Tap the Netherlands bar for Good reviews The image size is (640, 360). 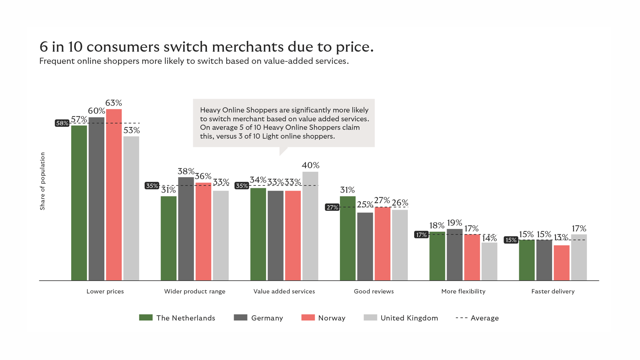(x=348, y=238)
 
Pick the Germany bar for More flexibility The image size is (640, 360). (x=454, y=255)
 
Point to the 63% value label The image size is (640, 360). (x=114, y=103)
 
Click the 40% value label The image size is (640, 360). (x=310, y=165)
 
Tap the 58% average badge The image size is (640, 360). (x=62, y=123)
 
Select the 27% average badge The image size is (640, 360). (x=332, y=207)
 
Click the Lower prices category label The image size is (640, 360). (x=105, y=291)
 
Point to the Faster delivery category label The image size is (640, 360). (x=553, y=291)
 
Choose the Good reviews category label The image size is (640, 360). (x=374, y=291)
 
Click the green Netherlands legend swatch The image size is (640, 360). (x=146, y=318)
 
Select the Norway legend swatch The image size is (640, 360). (x=308, y=318)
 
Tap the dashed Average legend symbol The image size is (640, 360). (x=461, y=318)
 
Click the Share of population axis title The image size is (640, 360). (x=42, y=181)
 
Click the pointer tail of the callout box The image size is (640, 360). (x=283, y=151)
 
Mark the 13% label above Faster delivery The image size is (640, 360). (x=561, y=237)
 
